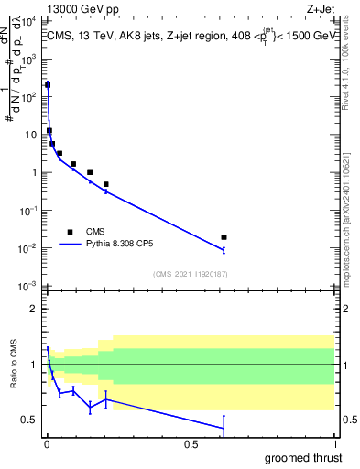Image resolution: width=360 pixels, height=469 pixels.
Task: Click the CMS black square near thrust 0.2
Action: click(x=106, y=184)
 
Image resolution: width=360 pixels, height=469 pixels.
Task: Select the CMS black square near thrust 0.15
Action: click(x=90, y=172)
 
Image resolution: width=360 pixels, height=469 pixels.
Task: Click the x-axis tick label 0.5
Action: click(x=191, y=444)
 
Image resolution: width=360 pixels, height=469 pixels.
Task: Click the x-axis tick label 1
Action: click(x=334, y=444)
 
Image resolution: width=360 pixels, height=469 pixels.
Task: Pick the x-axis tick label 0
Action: click(x=47, y=444)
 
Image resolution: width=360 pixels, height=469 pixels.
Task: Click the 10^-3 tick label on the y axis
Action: click(x=29, y=287)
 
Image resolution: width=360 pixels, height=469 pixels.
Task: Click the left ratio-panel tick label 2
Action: click(x=35, y=309)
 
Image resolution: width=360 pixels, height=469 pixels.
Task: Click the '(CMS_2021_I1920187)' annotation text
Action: click(x=191, y=273)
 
